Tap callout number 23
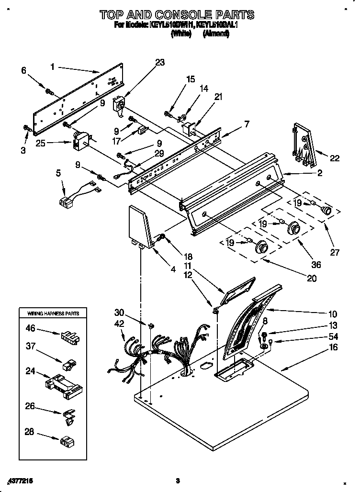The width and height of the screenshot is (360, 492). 159,62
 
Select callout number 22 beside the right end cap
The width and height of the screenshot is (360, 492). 335,158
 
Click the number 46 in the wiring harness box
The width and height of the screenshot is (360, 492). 30,328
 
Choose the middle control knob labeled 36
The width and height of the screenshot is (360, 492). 293,229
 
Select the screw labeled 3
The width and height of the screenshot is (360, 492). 27,127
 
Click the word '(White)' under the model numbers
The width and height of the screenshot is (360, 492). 181,34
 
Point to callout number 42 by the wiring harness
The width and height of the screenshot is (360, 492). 120,324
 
